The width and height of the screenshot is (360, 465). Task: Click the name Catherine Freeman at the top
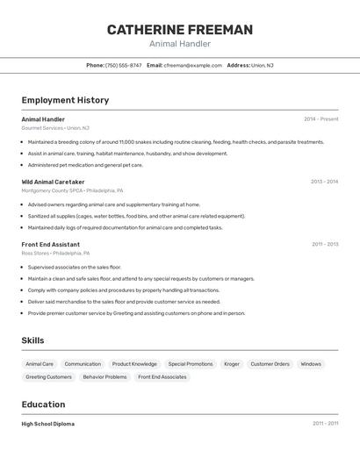(180, 30)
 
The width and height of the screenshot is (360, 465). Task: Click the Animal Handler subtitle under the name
(180, 44)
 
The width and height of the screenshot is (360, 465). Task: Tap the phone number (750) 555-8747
(123, 65)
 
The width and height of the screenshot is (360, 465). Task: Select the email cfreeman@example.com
(192, 65)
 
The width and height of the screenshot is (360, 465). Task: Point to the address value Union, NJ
(263, 65)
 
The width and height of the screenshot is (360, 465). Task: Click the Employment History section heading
(65, 100)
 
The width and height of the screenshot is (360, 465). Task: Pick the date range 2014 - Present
(320, 119)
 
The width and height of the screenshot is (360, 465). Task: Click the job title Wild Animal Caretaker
(53, 182)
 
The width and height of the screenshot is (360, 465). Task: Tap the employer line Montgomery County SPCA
(72, 190)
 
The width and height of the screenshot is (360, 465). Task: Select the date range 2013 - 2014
(324, 182)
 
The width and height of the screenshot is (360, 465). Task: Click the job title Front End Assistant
(50, 245)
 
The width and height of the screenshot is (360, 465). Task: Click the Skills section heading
(32, 340)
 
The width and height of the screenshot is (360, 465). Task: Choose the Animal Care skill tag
(40, 363)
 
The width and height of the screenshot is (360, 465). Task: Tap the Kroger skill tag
(231, 363)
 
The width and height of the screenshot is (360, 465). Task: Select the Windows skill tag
(311, 363)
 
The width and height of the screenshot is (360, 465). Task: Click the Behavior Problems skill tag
(104, 376)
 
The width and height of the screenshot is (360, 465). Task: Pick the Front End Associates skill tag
(162, 376)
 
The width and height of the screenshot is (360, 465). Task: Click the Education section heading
(43, 404)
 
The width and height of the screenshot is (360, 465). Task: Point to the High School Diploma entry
(48, 424)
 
